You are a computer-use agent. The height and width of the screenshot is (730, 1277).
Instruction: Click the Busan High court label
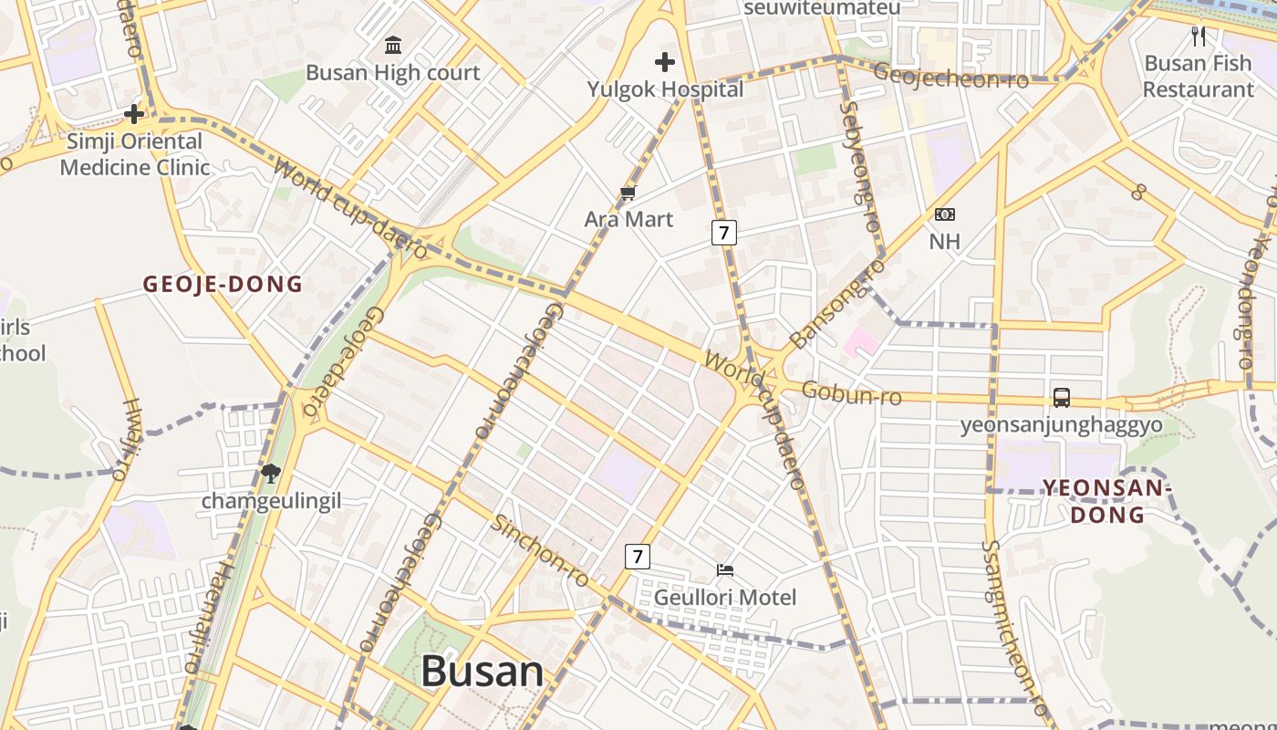(x=392, y=73)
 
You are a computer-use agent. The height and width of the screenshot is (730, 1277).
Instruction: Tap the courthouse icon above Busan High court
(x=393, y=45)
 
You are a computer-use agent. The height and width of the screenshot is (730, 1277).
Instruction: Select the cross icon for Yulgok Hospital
(x=665, y=62)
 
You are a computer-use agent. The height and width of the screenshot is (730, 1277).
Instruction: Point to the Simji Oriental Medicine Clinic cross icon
(x=134, y=114)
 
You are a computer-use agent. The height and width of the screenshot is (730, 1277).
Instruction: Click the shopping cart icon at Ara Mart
(x=628, y=193)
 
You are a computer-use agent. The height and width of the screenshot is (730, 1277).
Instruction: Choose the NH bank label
(x=944, y=242)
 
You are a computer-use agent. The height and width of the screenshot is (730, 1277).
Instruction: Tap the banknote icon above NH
(x=944, y=214)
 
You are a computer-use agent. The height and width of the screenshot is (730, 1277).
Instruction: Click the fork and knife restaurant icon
(x=1199, y=36)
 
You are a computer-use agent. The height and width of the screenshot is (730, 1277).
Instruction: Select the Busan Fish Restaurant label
(x=1199, y=77)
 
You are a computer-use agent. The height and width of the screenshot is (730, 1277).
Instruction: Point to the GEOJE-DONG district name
(x=223, y=284)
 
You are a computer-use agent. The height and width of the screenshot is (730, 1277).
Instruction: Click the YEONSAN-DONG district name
(x=1107, y=501)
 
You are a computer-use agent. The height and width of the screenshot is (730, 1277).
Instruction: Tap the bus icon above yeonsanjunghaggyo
(x=1062, y=398)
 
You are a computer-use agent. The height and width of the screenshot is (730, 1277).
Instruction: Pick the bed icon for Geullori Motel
(x=725, y=570)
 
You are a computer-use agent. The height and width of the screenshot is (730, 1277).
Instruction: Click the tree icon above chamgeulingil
(x=270, y=473)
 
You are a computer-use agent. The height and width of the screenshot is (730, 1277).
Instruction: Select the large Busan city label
(x=482, y=672)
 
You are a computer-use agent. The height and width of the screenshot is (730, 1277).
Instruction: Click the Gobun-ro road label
(x=851, y=393)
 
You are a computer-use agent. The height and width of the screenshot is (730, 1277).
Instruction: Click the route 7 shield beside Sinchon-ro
(x=638, y=556)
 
